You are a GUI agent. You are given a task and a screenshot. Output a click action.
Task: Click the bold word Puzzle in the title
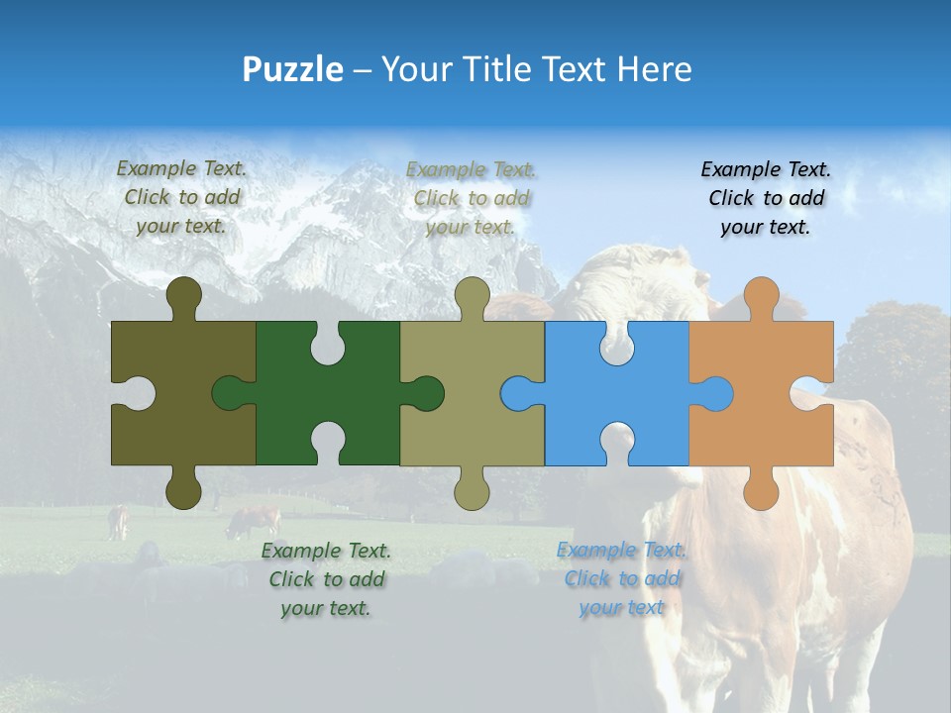tap(293, 69)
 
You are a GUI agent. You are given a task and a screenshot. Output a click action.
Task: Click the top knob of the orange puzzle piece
tap(761, 297)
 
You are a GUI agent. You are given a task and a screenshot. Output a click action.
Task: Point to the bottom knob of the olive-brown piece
tap(183, 488)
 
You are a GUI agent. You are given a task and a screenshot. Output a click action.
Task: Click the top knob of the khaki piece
tap(473, 297)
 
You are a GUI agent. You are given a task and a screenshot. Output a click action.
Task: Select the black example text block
tap(766, 198)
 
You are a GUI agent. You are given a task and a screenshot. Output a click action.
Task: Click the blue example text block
tap(621, 578)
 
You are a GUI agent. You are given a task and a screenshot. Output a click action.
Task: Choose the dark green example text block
tap(326, 579)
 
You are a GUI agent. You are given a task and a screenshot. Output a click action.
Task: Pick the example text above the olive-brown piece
tap(181, 197)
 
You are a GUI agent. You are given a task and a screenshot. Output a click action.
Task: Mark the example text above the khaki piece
tap(471, 198)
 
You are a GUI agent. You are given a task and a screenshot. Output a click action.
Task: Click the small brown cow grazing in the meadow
tap(255, 521)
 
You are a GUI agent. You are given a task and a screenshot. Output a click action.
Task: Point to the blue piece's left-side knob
tap(520, 393)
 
